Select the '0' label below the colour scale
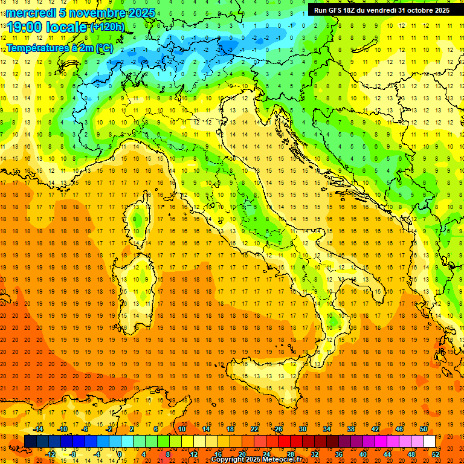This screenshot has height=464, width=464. [120, 454]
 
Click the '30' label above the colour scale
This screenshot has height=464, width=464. [302, 429]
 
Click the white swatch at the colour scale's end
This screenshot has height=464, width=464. [430, 442]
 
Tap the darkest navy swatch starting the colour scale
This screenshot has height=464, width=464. [30, 442]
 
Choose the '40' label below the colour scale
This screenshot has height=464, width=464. [363, 454]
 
